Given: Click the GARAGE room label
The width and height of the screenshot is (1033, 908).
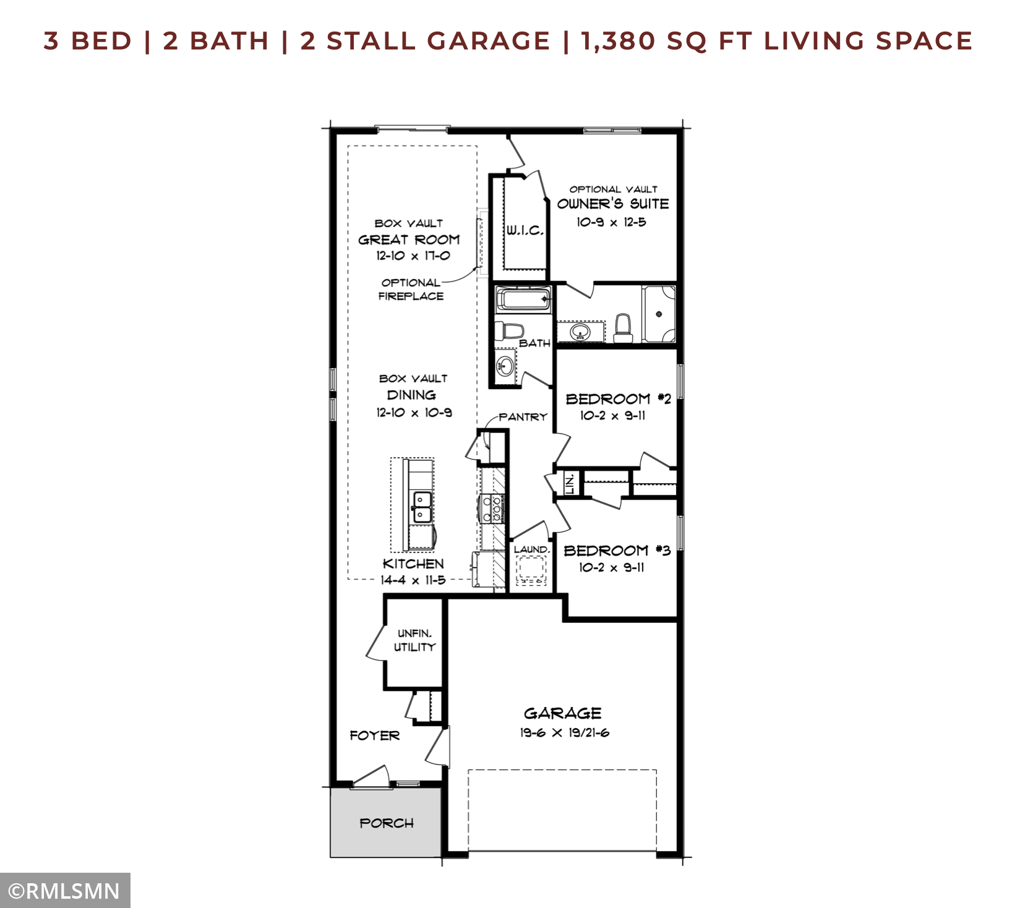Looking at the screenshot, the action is (x=562, y=713).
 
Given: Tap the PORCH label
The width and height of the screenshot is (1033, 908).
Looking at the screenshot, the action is (x=387, y=823).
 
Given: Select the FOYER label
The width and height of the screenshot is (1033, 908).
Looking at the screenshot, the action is (x=375, y=735).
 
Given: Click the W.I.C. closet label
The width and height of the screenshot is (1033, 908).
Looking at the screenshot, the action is (x=525, y=231).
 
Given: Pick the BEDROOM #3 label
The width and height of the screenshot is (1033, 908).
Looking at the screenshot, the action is (x=617, y=550).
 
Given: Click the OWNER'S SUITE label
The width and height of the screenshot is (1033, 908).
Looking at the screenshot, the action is (x=613, y=203).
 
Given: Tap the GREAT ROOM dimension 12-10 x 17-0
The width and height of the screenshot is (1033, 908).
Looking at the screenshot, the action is (x=413, y=255).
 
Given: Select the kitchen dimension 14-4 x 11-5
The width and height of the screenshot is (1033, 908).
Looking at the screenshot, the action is (x=413, y=580).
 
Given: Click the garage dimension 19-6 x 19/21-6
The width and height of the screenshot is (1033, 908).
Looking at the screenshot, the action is (x=565, y=733).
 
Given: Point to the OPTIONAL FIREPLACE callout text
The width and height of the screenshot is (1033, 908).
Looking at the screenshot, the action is (x=411, y=289).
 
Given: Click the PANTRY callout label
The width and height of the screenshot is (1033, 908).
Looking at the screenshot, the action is (x=523, y=417).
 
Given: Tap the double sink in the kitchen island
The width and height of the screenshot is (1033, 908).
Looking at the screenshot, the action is (x=422, y=507).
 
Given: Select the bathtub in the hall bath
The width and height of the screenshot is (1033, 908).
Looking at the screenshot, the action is (x=523, y=299).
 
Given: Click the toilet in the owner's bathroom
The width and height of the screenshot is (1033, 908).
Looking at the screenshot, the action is (x=623, y=328).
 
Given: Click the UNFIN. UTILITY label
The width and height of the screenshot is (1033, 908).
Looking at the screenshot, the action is (x=414, y=640).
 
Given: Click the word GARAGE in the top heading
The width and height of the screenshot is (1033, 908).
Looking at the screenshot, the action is (x=488, y=41).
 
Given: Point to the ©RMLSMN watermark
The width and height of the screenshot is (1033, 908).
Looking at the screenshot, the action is (x=64, y=891).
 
